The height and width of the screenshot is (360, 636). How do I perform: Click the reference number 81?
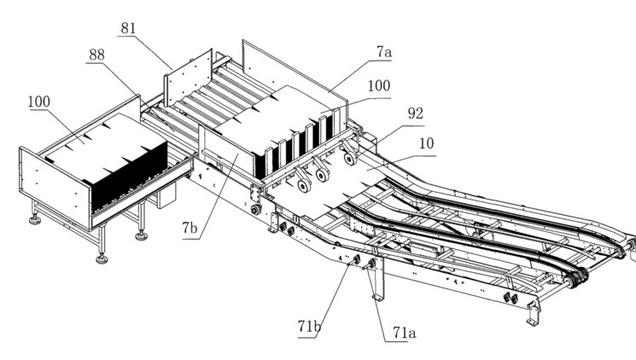pyautogui.click(x=128, y=28)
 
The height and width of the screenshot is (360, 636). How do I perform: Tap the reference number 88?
pyautogui.click(x=96, y=55)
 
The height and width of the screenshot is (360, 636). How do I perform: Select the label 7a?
pyautogui.click(x=383, y=52)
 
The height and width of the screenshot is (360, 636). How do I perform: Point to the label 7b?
pyautogui.click(x=190, y=229)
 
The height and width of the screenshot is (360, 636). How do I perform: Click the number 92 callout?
pyautogui.click(x=416, y=113)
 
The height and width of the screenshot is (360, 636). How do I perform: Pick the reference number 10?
pyautogui.click(x=426, y=143)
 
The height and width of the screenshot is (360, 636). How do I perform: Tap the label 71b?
pyautogui.click(x=309, y=326)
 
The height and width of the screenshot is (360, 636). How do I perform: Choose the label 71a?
pyautogui.click(x=405, y=333)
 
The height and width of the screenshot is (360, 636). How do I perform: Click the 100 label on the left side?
pyautogui.click(x=39, y=102)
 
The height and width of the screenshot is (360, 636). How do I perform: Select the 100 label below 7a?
pyautogui.click(x=379, y=86)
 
